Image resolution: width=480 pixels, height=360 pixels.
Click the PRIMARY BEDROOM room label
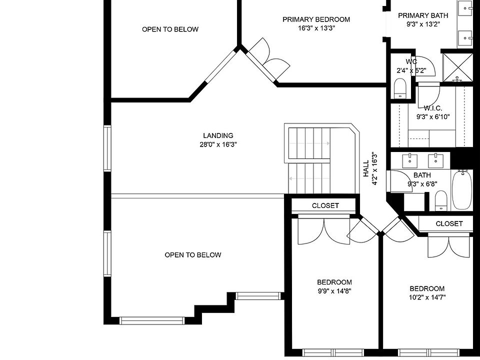[x=316, y=19]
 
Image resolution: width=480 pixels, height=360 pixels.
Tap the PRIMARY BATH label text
[x=423, y=15]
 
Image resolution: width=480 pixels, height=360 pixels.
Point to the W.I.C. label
[x=433, y=108]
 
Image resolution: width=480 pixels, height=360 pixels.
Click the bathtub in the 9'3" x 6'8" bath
[x=461, y=190]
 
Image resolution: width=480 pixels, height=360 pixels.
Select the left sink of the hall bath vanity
[x=410, y=159]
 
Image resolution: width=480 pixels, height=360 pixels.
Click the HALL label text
[x=366, y=168]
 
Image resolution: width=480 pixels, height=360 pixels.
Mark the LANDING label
[x=218, y=135]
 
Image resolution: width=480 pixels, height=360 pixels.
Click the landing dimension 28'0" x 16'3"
[x=218, y=144]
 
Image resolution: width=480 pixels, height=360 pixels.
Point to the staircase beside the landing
[x=315, y=160]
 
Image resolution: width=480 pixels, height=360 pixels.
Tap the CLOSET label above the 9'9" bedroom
[x=325, y=205]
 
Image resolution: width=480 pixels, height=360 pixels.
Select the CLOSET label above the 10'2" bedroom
[x=449, y=223]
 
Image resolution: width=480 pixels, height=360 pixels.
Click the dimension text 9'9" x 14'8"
[x=334, y=291]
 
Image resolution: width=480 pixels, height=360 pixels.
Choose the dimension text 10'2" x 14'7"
[x=427, y=297]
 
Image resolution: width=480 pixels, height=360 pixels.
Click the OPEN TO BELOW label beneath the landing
[x=193, y=255]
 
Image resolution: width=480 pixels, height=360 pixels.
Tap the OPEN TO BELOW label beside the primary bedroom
[x=170, y=29]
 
